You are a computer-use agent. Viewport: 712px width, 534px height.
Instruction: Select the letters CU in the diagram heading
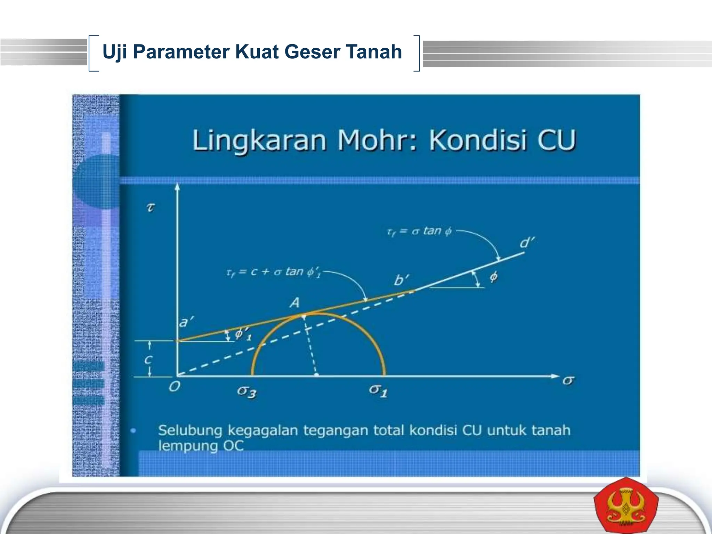[x=556, y=140]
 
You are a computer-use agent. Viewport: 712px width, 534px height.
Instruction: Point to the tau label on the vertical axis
[x=150, y=208]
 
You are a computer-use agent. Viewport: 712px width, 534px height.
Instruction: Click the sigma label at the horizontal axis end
[x=568, y=381]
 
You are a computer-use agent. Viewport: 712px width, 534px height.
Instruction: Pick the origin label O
[x=174, y=387]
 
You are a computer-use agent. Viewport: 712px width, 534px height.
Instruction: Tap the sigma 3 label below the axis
[x=247, y=392]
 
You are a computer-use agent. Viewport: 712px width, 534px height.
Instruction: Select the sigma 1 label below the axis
[x=378, y=391]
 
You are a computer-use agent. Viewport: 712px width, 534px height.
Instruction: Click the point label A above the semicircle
[x=295, y=303]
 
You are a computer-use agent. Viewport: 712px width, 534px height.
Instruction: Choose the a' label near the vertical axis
[x=186, y=322]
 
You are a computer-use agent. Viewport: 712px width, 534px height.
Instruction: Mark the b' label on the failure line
[x=402, y=280]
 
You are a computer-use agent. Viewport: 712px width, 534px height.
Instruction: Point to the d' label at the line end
[x=527, y=242]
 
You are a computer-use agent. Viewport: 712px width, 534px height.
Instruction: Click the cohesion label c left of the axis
[x=148, y=359]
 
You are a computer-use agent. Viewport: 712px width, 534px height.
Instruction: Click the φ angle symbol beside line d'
[x=493, y=277]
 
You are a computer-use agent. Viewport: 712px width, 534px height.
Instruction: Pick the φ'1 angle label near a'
[x=243, y=334]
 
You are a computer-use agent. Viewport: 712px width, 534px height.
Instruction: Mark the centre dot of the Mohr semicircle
[x=316, y=375]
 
